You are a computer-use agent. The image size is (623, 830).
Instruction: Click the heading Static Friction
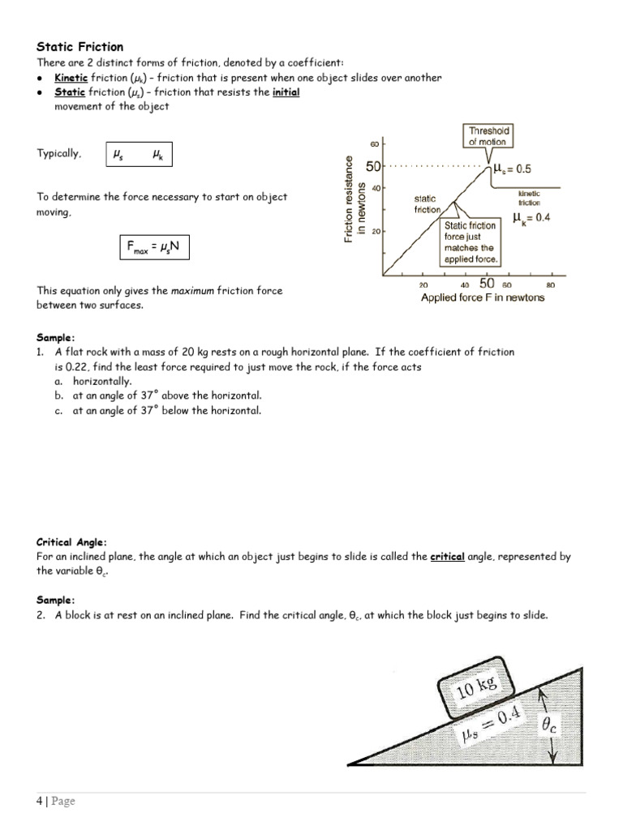point(80,47)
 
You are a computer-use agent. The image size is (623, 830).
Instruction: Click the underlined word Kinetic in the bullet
point(70,78)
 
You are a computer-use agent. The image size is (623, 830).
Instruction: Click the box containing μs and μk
point(140,155)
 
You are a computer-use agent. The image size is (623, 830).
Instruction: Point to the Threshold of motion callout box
point(488,136)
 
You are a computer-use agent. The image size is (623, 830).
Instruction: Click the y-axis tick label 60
point(375,144)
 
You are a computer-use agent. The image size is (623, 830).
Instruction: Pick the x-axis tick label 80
point(550,285)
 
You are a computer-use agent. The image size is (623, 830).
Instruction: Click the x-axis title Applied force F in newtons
point(483,297)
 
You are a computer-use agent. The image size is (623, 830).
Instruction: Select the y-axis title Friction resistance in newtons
point(355,199)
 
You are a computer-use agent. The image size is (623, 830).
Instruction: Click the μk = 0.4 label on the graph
point(531,218)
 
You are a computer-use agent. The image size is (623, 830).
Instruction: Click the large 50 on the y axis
point(373,167)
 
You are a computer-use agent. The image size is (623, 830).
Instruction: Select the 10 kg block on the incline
point(477,688)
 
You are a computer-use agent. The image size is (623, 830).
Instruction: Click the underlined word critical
point(446,557)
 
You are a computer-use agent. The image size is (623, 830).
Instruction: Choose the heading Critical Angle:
point(71,541)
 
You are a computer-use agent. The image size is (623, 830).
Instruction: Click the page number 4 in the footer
point(39,802)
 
